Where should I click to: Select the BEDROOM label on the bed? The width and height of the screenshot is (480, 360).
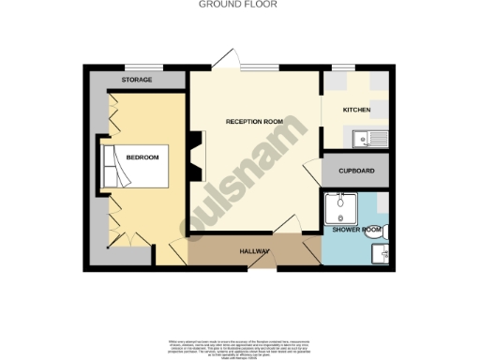click(x=143, y=157)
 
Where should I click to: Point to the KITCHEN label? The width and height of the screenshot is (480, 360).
click(x=356, y=110)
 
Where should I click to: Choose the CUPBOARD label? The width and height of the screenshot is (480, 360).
click(x=357, y=171)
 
